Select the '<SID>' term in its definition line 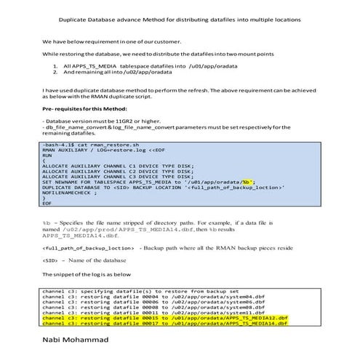(49, 260)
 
